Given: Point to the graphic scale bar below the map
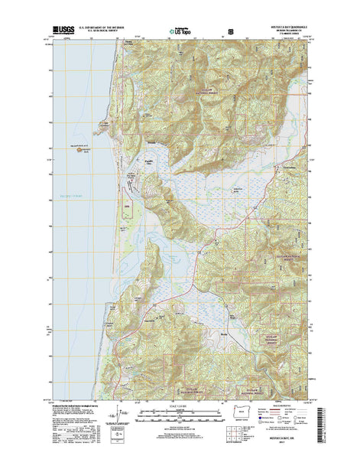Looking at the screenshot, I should [x=180, y=415].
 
